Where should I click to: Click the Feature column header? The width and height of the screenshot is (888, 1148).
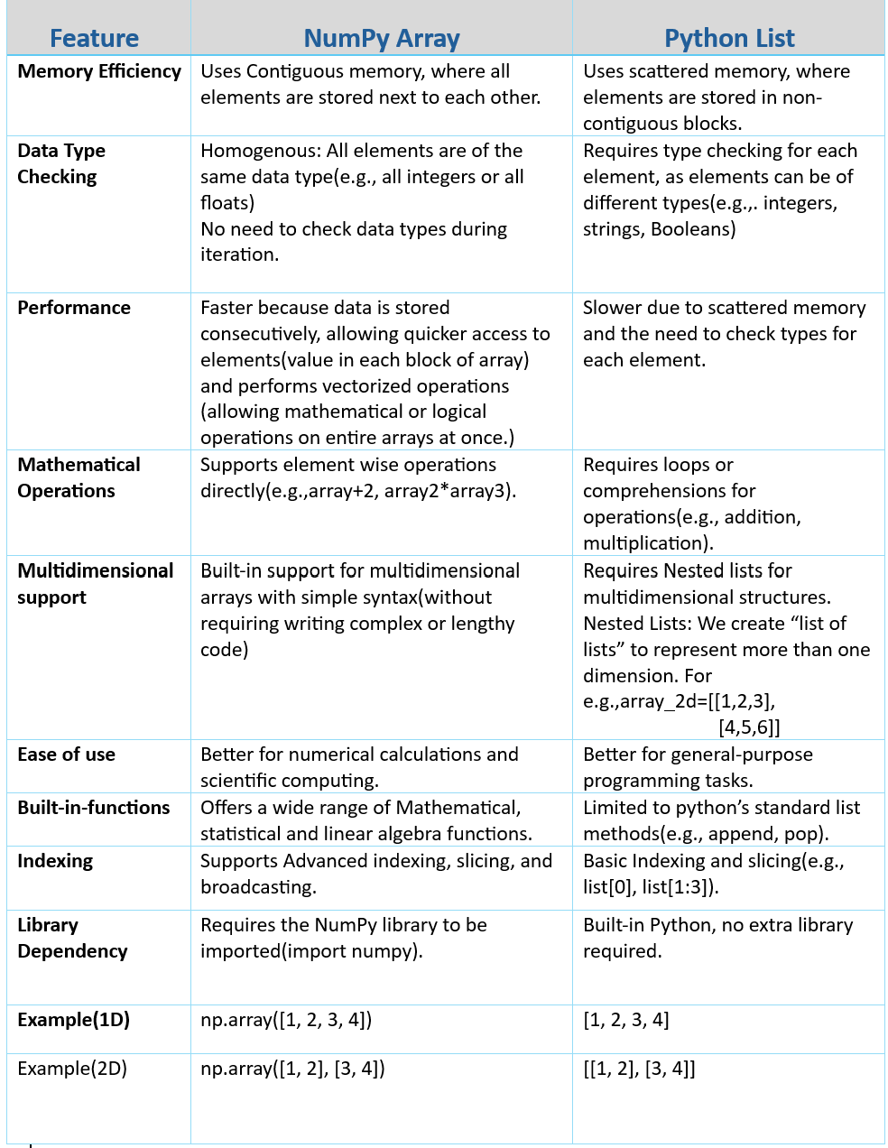(x=94, y=38)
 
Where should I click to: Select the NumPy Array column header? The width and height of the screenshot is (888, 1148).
(x=382, y=38)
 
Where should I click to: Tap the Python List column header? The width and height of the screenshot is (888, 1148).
(x=729, y=38)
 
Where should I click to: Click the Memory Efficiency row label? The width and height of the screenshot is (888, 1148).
(x=99, y=71)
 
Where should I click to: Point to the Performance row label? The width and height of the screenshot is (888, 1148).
(x=74, y=308)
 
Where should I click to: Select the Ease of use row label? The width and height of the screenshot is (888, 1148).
(x=66, y=755)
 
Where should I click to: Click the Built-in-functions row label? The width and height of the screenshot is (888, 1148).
(x=94, y=808)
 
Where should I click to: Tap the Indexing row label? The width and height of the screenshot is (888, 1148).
(x=55, y=861)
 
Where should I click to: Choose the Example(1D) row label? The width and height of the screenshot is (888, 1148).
(x=73, y=1020)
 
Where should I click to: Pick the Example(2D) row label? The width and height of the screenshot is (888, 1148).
(x=72, y=1069)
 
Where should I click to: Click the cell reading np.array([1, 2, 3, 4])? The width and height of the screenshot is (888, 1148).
(x=286, y=1020)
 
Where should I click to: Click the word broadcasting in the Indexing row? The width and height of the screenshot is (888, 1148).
(x=258, y=887)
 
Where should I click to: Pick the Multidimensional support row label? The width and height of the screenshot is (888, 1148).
(x=95, y=584)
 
